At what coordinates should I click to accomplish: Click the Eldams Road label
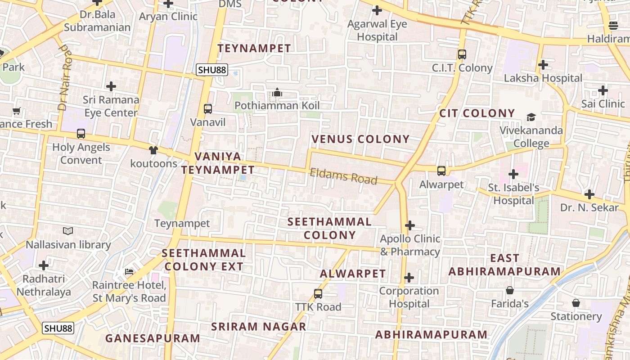tap(343, 176)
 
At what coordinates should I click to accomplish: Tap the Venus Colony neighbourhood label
tap(360, 139)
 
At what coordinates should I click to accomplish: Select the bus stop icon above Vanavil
tap(207, 108)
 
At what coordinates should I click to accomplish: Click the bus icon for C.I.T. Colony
tap(462, 54)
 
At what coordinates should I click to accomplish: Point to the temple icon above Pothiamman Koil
tap(277, 93)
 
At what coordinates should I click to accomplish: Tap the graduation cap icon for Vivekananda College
tap(531, 117)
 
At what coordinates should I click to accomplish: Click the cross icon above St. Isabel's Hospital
tap(513, 174)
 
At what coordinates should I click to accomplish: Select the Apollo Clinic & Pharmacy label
tap(410, 245)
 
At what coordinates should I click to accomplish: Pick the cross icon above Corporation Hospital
tap(409, 278)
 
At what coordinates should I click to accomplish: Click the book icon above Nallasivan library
tap(68, 231)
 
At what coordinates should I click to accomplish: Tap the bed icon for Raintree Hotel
tap(129, 271)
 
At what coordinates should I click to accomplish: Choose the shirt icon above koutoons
tap(153, 150)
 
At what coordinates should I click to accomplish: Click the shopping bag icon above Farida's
tap(510, 290)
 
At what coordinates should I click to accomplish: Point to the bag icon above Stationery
tap(576, 303)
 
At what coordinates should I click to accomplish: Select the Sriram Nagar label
tap(259, 327)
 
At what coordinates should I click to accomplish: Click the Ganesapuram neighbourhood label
tap(153, 338)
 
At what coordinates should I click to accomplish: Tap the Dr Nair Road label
tap(65, 77)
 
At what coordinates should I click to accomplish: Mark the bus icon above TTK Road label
tap(318, 294)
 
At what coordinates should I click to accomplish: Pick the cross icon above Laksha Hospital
tap(543, 65)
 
